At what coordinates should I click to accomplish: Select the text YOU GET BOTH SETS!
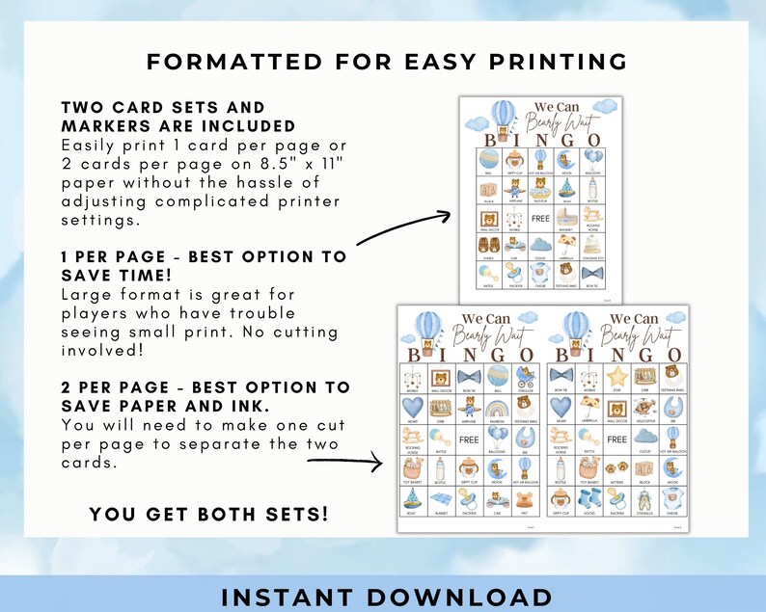[x=208, y=515]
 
